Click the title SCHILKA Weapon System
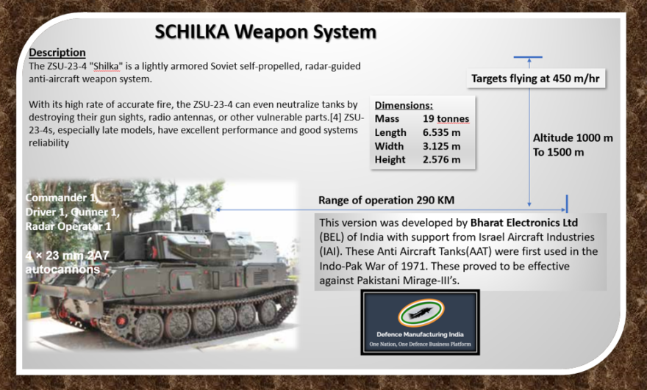point(265,32)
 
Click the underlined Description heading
point(57,53)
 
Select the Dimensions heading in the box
point(404,105)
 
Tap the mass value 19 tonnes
point(446,119)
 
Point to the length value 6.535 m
point(442,132)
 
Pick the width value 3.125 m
point(442,145)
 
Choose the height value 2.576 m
point(442,159)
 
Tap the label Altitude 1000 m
point(573,137)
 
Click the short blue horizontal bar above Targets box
point(528,57)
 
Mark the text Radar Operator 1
point(68,225)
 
